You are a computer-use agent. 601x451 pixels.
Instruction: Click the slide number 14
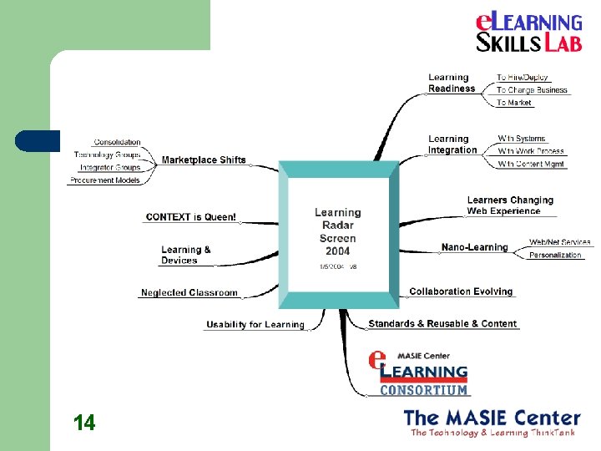click(83, 423)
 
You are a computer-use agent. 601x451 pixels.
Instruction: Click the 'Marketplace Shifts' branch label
click(204, 160)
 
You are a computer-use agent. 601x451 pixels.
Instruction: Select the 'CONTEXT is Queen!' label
click(190, 217)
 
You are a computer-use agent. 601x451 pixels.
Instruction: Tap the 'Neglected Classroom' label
click(189, 292)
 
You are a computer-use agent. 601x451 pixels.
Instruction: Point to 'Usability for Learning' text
click(255, 324)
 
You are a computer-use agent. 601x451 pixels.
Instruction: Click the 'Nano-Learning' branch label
click(474, 247)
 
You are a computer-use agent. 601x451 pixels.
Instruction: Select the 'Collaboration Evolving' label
click(461, 291)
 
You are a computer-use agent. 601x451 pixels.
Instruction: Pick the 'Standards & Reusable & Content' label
click(442, 323)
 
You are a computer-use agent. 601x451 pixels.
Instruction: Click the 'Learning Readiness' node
click(452, 83)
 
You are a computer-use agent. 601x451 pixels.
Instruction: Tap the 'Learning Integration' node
click(452, 144)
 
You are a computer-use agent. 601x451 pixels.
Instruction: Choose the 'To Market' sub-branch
click(514, 103)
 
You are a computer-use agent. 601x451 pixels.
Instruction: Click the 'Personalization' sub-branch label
click(555, 255)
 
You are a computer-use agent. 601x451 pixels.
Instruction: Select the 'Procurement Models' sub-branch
click(105, 180)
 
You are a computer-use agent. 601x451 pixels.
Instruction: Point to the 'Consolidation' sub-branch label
click(118, 142)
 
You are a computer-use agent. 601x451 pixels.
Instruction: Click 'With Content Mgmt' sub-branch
click(532, 164)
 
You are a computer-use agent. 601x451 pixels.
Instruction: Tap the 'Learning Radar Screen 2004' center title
click(338, 231)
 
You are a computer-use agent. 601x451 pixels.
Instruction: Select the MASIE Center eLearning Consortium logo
click(420, 372)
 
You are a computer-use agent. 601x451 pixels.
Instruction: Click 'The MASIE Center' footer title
click(492, 417)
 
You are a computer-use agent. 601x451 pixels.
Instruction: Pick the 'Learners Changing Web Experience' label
click(510, 205)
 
